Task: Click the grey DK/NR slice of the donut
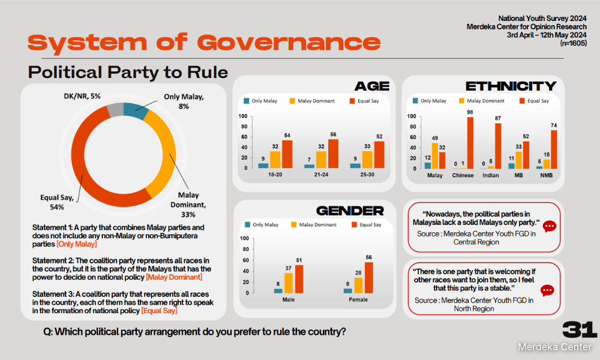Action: point(115,110)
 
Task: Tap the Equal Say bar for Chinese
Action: point(470,143)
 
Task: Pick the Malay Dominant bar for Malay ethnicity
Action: point(435,156)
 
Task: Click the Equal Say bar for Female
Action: point(369,278)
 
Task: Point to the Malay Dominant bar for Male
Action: point(289,283)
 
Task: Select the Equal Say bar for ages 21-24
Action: point(333,154)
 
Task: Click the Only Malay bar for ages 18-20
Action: point(263,166)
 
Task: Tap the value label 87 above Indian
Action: point(498,118)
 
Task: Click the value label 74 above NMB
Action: point(554,125)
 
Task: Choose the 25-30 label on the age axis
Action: point(367,175)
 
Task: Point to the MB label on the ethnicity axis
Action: point(518,175)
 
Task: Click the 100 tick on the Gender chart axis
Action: point(244,238)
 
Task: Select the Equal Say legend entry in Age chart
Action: point(364,101)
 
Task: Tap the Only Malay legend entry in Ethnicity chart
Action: point(430,101)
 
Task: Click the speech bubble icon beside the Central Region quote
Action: point(550,226)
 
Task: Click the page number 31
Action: point(580,330)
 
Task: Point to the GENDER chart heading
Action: point(350,211)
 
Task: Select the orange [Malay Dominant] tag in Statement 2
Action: point(174,277)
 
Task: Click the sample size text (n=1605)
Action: point(573,43)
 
